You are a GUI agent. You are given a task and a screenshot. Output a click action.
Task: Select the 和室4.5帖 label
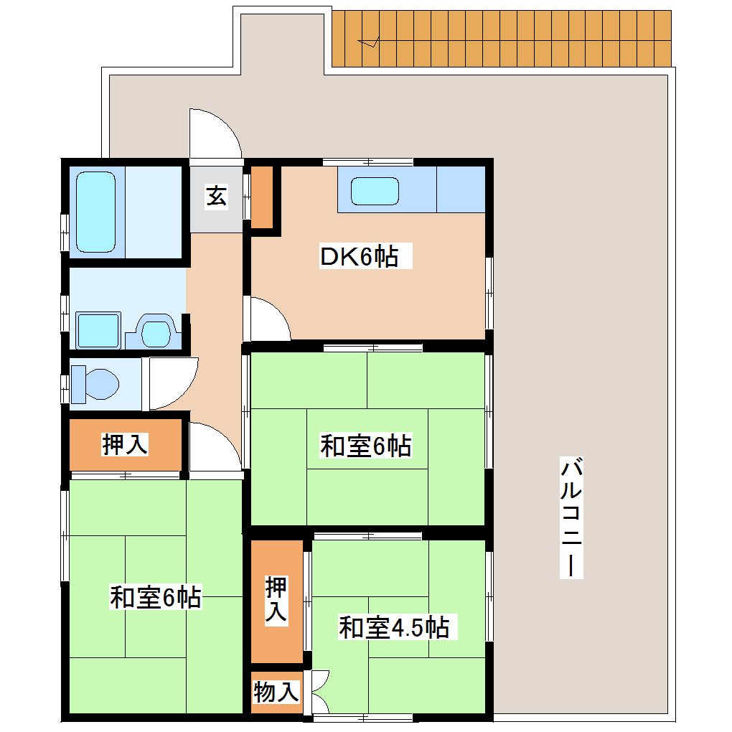coord(394,628)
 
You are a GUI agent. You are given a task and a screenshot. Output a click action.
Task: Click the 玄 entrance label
coord(216,195)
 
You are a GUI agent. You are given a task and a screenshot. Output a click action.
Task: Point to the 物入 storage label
coord(276,693)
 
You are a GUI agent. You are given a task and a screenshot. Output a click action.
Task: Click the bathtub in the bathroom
coord(96,212)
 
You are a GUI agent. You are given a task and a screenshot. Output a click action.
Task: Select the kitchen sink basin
coord(374,191)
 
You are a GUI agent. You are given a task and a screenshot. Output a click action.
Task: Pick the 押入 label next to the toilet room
coord(125,445)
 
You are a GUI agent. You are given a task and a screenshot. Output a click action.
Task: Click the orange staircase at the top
coord(502,40)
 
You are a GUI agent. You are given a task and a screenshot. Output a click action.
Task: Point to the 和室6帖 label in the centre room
coord(365,446)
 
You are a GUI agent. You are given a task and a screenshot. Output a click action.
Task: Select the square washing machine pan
coord(98,331)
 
